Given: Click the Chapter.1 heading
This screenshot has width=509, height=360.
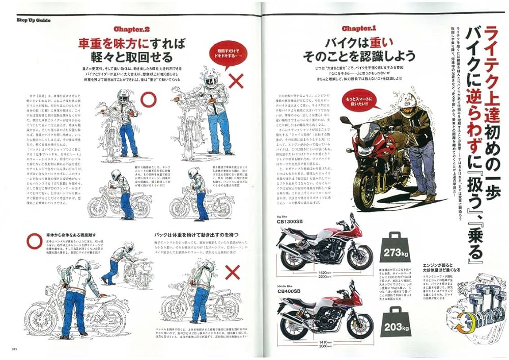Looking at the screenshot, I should point(359,29).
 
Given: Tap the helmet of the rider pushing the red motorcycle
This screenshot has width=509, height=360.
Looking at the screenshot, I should point(408,101).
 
